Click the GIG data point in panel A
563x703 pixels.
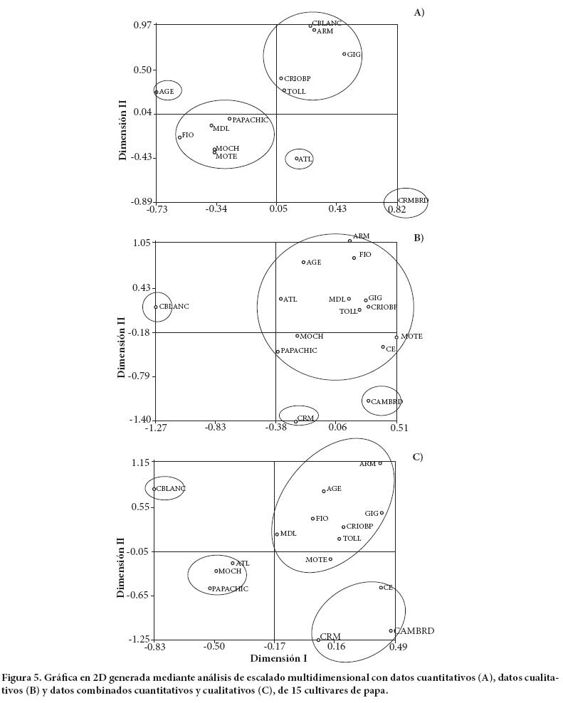pos(344,54)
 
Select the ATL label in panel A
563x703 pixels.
pos(305,159)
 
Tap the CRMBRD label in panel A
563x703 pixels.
pos(413,201)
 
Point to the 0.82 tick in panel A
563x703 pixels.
pos(397,209)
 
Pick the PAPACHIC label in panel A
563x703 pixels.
pos(251,120)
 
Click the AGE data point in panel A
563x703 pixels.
pos(156,92)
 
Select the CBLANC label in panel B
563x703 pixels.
pos(174,307)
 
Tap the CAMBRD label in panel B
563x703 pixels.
pos(387,401)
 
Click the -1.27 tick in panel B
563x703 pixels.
pos(156,428)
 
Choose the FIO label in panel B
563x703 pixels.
pos(365,255)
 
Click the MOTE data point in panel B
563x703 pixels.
pos(396,337)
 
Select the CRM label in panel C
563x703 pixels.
pos(330,637)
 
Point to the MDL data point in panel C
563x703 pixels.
pos(277,534)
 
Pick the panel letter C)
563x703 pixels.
pos(418,457)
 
